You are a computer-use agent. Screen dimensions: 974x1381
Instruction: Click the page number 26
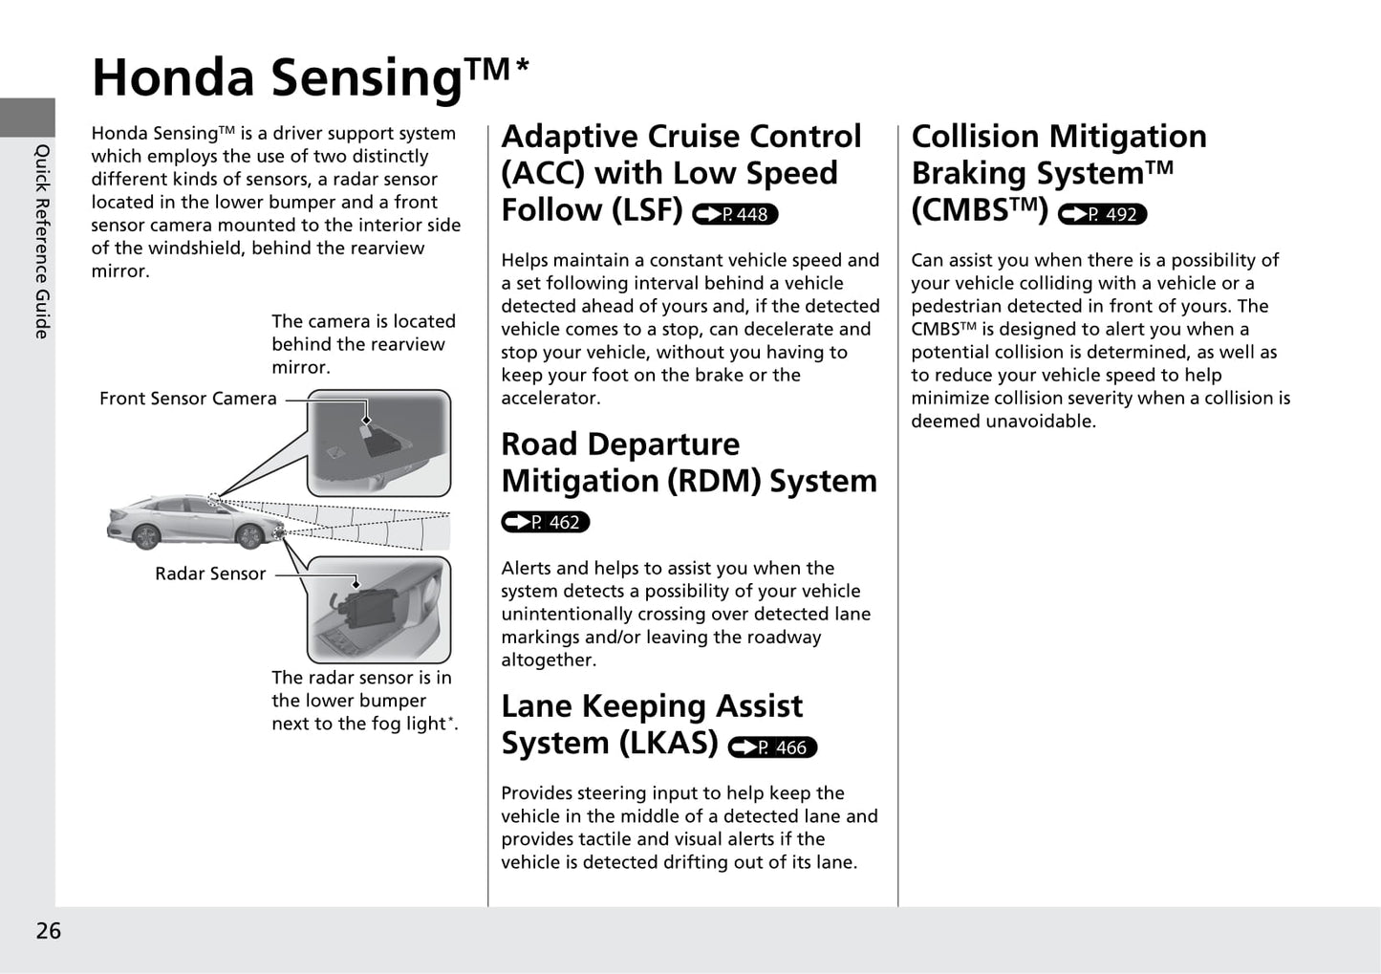click(48, 931)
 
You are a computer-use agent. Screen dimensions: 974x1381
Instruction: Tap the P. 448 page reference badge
click(735, 214)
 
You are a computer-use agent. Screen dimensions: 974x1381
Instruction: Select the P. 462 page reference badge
click(546, 522)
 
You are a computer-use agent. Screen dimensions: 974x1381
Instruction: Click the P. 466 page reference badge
click(772, 747)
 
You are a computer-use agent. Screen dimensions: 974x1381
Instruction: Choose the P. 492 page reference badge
click(1102, 214)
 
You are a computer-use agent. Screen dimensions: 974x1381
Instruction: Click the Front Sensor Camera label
click(188, 399)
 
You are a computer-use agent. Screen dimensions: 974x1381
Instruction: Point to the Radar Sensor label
click(210, 574)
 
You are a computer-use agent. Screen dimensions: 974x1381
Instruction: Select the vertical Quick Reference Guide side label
click(42, 241)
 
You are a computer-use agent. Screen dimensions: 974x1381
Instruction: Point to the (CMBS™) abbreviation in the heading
click(980, 210)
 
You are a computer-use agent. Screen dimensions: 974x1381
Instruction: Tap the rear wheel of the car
click(145, 537)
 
